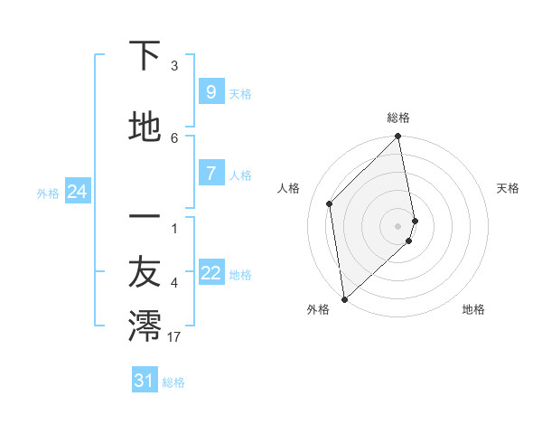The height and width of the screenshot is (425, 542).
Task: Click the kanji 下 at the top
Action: [x=145, y=56]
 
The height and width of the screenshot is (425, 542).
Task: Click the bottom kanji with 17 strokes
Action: [x=145, y=325]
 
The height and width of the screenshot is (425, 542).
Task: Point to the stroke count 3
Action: [x=174, y=66]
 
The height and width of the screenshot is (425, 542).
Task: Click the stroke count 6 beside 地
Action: [x=174, y=137]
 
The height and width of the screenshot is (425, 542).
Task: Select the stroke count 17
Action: [x=175, y=336]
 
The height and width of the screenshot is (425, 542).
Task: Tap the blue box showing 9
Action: [x=210, y=92]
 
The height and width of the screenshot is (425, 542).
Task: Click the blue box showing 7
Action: [x=210, y=174]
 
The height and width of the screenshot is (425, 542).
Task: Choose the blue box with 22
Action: [x=211, y=273]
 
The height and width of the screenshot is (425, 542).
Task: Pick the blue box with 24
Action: [x=78, y=192]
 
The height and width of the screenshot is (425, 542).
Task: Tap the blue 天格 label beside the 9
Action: [x=240, y=94]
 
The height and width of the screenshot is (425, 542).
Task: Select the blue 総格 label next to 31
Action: [x=173, y=382]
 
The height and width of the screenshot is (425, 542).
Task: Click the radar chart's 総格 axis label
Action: [x=398, y=118]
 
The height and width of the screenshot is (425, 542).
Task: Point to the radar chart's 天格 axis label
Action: [x=508, y=188]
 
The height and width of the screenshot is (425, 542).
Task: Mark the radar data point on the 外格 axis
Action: [x=344, y=298]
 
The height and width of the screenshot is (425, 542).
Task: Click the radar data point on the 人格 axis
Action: [x=330, y=203]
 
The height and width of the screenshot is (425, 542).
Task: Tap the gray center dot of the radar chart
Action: [x=398, y=225]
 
